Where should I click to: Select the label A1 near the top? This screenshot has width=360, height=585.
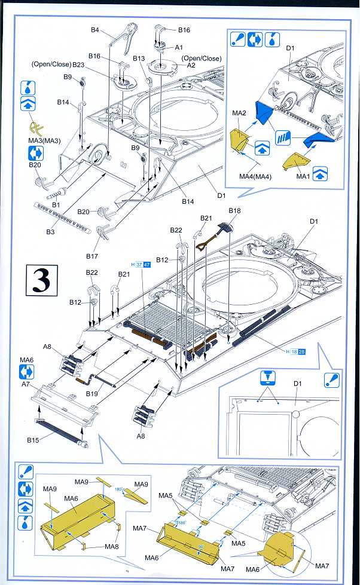pos(178,47)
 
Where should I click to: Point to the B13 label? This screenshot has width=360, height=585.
pos(139,59)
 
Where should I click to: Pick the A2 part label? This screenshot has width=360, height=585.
pos(192,65)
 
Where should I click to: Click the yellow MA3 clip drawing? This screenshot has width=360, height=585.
pos(37,128)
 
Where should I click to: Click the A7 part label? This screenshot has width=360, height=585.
pos(26,385)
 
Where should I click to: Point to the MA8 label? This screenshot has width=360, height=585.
pos(111,546)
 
